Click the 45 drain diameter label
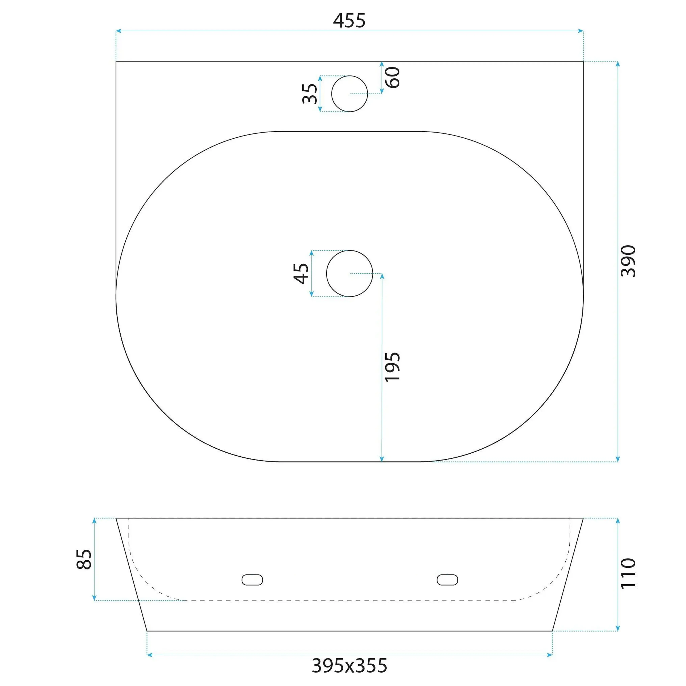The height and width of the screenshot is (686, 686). click(x=301, y=273)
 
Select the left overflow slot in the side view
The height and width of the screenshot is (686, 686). click(x=252, y=580)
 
